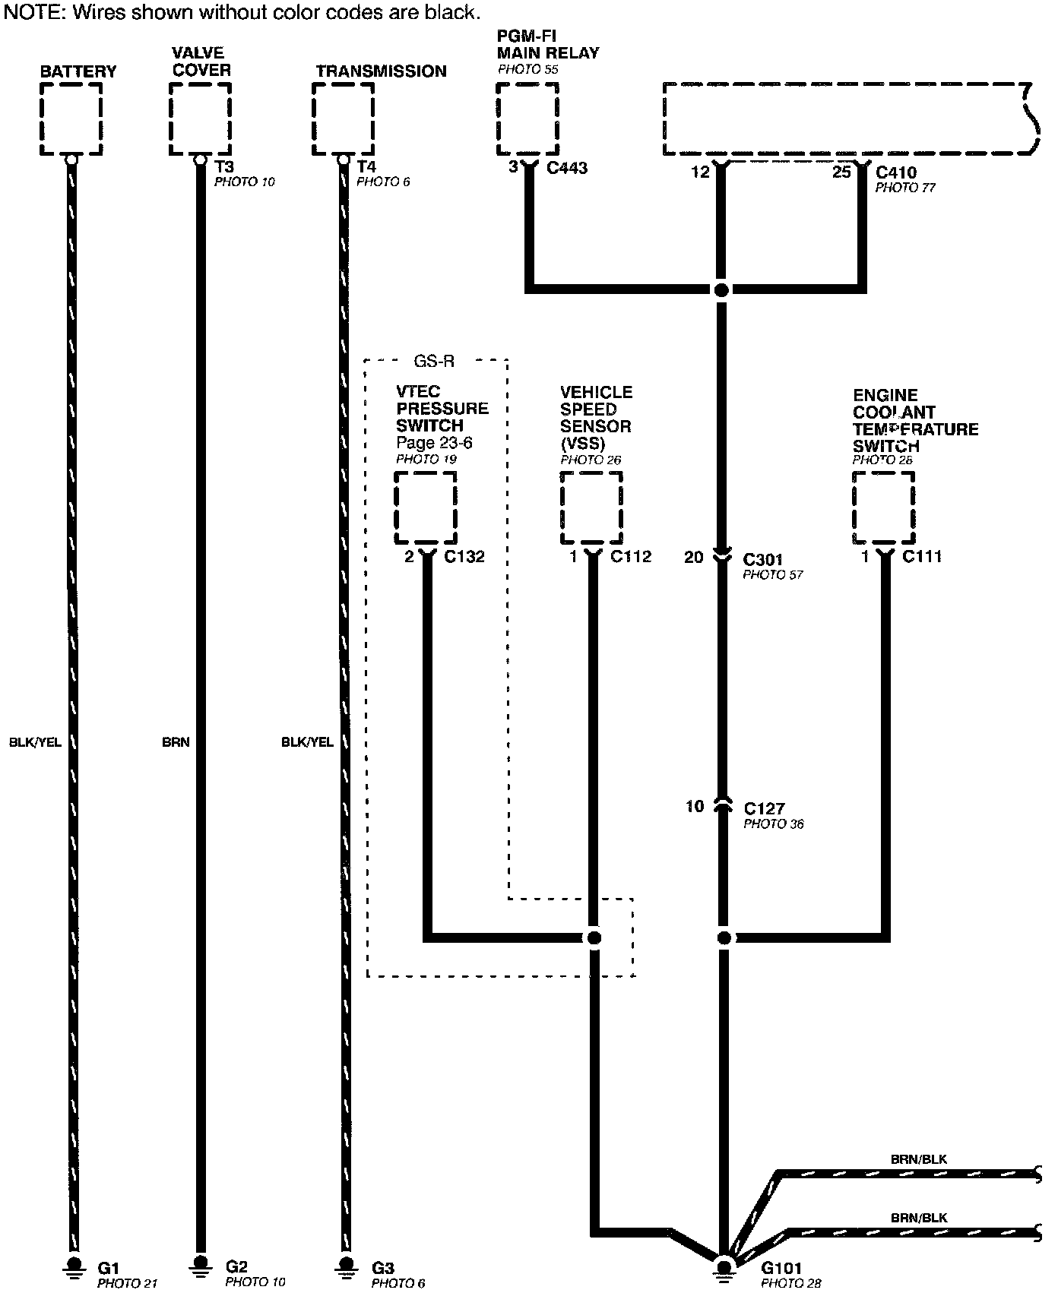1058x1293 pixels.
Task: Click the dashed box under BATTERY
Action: click(71, 119)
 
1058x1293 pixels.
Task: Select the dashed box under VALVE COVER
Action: click(200, 119)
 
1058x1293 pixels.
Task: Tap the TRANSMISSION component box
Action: click(344, 119)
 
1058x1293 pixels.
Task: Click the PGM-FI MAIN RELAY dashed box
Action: click(527, 119)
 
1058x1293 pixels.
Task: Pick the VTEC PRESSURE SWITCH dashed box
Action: click(426, 507)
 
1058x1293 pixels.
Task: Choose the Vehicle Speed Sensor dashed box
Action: click(591, 507)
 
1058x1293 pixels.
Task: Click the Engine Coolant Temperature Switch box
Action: click(883, 507)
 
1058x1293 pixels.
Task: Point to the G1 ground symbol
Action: click(74, 1264)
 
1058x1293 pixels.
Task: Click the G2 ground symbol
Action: click(201, 1264)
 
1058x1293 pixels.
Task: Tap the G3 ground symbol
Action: click(346, 1264)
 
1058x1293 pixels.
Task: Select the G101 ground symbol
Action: click(724, 1267)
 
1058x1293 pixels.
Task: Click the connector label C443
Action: click(567, 168)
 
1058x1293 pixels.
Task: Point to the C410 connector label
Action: click(896, 172)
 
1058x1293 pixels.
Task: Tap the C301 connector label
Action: click(762, 560)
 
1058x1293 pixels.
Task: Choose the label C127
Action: click(764, 808)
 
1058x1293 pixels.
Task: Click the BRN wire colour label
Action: click(176, 742)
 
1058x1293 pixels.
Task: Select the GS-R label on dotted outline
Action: click(434, 361)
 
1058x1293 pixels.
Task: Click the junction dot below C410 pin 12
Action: click(721, 289)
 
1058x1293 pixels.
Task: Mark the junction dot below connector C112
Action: click(594, 937)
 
